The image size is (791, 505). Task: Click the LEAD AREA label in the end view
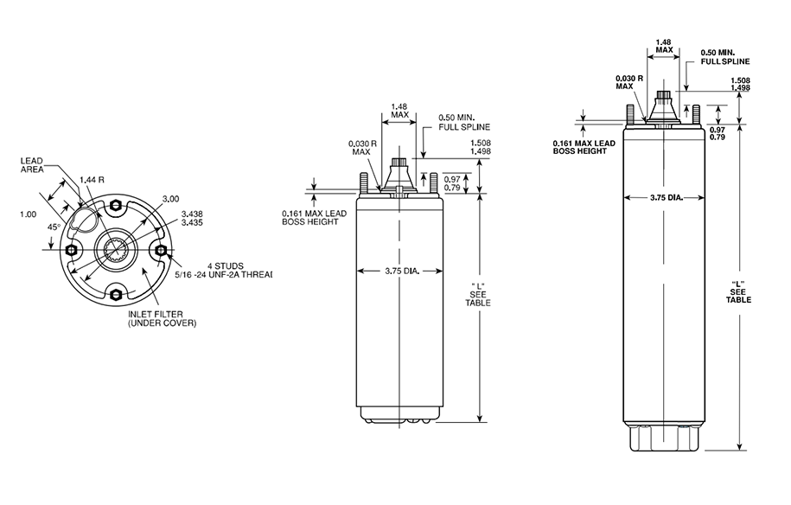click(x=35, y=165)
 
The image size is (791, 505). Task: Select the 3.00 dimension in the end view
click(x=170, y=199)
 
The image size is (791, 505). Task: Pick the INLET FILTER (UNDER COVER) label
click(x=162, y=317)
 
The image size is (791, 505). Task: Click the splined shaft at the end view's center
click(x=115, y=250)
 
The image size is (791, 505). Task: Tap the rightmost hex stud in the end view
click(x=160, y=250)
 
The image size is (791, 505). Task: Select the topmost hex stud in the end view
click(x=115, y=205)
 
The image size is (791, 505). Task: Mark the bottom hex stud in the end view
click(x=115, y=295)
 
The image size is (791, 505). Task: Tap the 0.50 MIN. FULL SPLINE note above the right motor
click(x=724, y=57)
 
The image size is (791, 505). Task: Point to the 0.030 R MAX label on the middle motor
click(x=360, y=148)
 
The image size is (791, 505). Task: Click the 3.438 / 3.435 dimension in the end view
click(x=192, y=217)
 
